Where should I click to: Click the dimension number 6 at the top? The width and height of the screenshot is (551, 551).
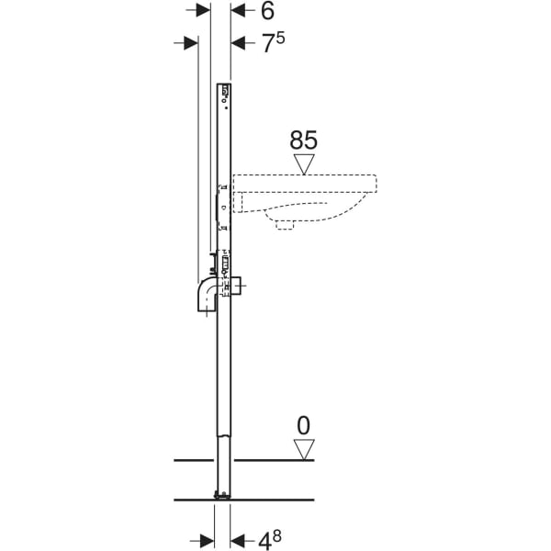(x=267, y=11)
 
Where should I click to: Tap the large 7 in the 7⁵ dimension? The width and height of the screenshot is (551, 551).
(x=266, y=44)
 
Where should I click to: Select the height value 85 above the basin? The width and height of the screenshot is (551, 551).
(x=303, y=140)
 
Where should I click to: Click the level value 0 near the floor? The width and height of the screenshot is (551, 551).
(x=303, y=425)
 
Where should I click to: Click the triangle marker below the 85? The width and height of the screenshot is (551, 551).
(x=303, y=163)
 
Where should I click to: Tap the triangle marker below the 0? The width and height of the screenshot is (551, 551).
(x=303, y=449)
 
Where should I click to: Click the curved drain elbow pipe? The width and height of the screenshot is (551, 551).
(x=207, y=297)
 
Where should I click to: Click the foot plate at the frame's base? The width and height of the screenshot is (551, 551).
(x=221, y=497)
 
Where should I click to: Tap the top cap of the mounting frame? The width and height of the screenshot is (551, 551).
(x=223, y=88)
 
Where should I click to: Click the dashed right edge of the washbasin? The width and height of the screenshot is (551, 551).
(x=377, y=184)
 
